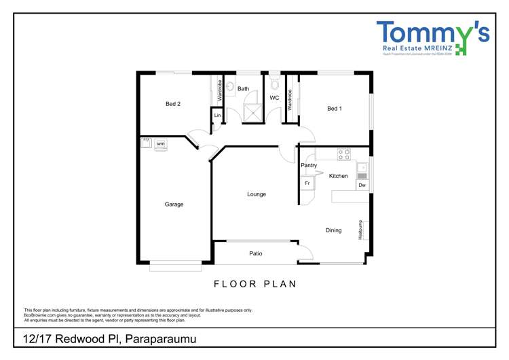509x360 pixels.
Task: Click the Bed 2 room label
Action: pos(173,104)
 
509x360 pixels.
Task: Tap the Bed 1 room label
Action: pos(334,109)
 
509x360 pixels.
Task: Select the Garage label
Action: pos(174,204)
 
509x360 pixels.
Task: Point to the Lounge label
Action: pos(257,194)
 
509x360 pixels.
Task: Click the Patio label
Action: pos(256,253)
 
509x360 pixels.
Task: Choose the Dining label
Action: pos(333,230)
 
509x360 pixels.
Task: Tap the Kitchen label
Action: pos(338,176)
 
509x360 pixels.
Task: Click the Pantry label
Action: pos(309,165)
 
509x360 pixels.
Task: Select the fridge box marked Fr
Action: pos(307,183)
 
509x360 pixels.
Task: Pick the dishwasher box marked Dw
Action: pos(362,185)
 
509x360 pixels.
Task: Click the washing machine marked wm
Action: pos(161,144)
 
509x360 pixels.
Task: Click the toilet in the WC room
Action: pos(274,84)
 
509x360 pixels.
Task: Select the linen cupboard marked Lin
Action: pos(217,116)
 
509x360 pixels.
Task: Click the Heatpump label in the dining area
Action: pos(360,230)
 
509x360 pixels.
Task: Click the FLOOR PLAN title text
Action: pos(255,284)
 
